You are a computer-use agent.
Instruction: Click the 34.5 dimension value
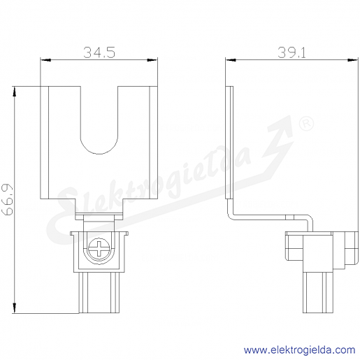coord(99,52)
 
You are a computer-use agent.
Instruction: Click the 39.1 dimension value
coord(291,52)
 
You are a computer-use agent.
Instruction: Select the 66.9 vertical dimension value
coord(7,199)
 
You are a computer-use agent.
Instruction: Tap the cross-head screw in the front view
coord(99,249)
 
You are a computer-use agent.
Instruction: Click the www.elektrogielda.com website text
coord(299,350)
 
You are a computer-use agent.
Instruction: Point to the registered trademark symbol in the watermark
coord(306,123)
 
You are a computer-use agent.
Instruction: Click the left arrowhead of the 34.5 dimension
coord(45,60)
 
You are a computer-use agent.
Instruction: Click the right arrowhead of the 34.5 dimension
coord(152,60)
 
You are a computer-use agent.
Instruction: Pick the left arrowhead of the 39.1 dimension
coord(231,60)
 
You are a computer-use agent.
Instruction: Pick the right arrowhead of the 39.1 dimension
coord(353,60)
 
